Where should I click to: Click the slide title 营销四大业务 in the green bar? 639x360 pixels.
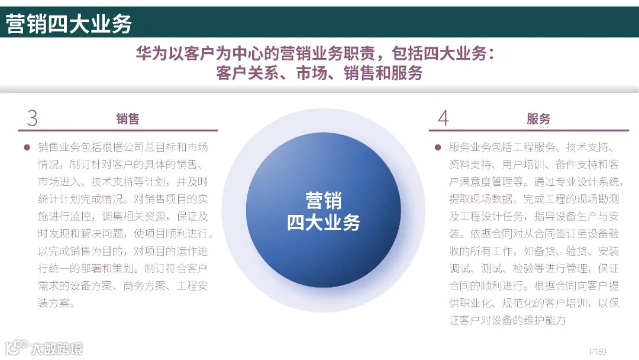tap(69, 24)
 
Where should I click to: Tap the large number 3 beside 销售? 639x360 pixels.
tap(33, 118)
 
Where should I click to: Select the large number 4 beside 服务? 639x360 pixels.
tap(443, 118)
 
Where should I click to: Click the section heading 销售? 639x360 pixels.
tap(127, 119)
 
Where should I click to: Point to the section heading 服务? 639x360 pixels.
tap(538, 119)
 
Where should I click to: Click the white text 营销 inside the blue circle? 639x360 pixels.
tap(323, 200)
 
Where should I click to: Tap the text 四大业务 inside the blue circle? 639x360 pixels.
tap(323, 222)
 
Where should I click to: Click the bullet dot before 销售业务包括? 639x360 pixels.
tap(26, 147)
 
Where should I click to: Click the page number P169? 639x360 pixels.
tap(598, 351)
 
